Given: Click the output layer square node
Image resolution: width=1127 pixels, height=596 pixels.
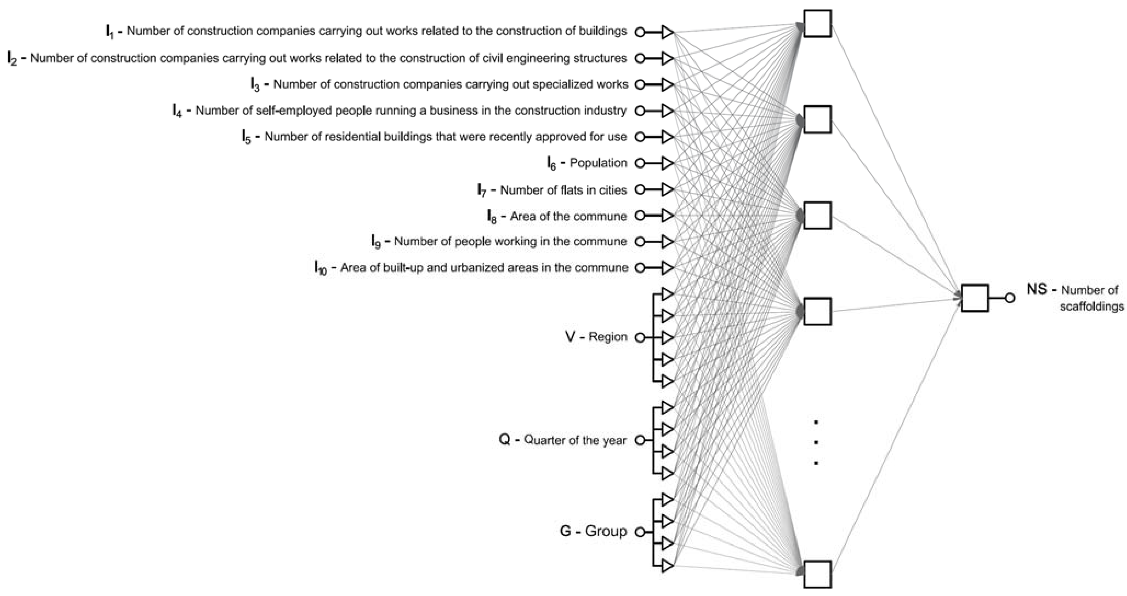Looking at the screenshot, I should [974, 298].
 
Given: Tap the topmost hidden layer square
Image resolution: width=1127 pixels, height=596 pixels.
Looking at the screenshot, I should [817, 24].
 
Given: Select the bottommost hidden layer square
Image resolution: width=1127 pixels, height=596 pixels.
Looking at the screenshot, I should [817, 574].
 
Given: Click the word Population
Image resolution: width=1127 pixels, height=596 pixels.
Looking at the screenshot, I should [598, 163].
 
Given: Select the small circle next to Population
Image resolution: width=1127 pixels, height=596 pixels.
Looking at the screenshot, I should [640, 164].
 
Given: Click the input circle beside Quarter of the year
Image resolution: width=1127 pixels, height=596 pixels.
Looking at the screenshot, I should [640, 440].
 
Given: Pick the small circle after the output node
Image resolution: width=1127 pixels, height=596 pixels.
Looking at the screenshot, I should [1010, 298].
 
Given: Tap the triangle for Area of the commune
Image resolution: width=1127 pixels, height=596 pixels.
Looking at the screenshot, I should [667, 216].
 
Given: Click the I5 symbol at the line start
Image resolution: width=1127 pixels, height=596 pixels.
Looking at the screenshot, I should [247, 137].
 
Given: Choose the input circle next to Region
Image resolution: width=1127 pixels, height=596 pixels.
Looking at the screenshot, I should [640, 338].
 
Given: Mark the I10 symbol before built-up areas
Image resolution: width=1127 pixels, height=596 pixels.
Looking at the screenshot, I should [321, 268].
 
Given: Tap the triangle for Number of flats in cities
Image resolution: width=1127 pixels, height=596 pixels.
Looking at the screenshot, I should [667, 190].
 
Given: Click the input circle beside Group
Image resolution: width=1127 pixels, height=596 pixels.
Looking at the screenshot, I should [640, 532].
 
